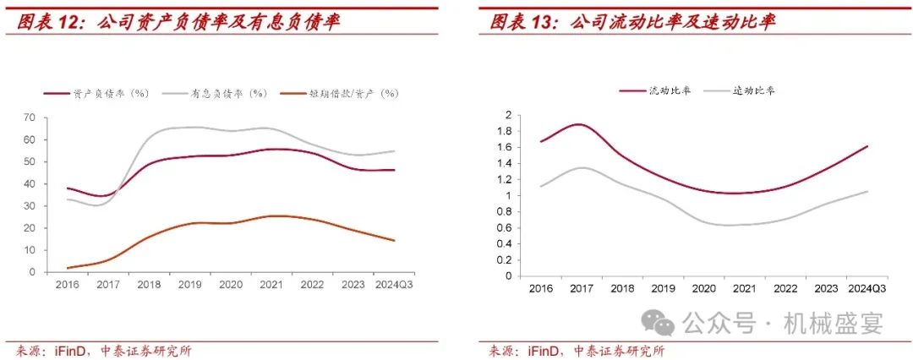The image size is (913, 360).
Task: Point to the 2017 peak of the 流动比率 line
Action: click(577, 124)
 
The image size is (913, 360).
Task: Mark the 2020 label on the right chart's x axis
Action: click(703, 289)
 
